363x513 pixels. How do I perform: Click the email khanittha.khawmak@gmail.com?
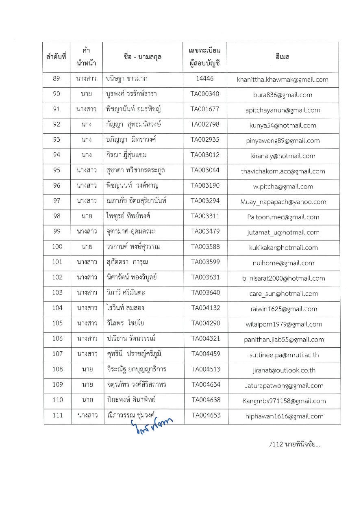[x=283, y=80]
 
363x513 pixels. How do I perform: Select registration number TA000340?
[x=205, y=95]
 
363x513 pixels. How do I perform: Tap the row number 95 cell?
[x=57, y=171]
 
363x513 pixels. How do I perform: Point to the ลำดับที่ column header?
[x=57, y=57]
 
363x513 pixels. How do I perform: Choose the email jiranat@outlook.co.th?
[x=284, y=370]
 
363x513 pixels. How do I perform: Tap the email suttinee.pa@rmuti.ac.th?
[x=284, y=355]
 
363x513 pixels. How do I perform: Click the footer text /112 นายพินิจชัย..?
[x=295, y=444]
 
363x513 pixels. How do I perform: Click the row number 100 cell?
[x=57, y=247]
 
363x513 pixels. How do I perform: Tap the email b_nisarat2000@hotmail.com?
[x=283, y=279]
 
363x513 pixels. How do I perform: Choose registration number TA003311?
[x=205, y=216]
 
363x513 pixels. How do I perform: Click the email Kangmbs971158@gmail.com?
[x=283, y=401]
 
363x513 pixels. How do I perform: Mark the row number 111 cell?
[x=57, y=416]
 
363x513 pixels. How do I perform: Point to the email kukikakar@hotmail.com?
[x=283, y=248]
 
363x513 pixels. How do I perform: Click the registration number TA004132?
[x=206, y=308]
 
